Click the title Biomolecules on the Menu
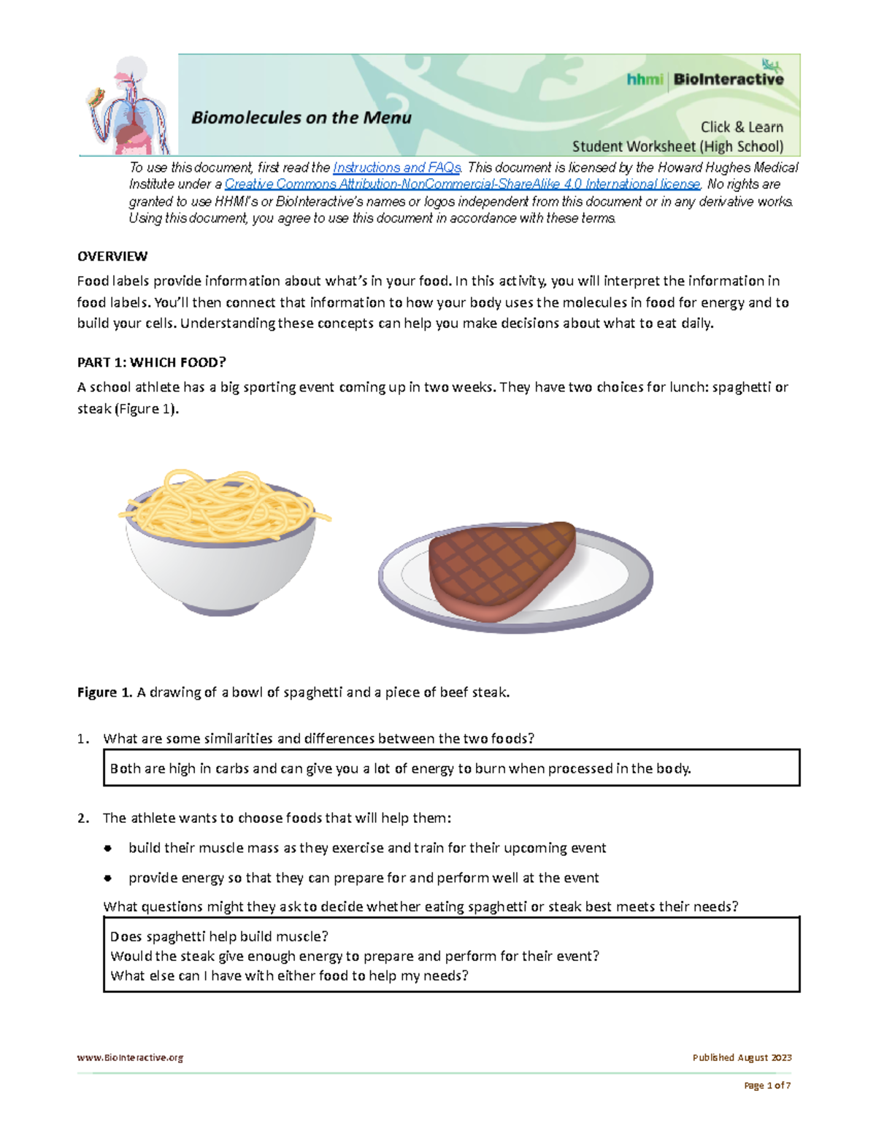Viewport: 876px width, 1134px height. coord(301,118)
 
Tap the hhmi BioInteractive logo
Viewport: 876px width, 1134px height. coord(704,79)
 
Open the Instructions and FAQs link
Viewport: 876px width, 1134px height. coord(396,168)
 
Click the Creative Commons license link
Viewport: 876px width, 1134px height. coord(462,185)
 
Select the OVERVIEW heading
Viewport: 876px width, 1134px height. coord(112,256)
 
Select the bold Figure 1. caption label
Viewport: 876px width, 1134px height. coord(105,692)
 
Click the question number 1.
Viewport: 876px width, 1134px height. coord(83,739)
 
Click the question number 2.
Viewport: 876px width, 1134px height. coord(83,819)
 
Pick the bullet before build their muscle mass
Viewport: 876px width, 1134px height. coord(108,848)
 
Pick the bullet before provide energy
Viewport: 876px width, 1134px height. coord(108,878)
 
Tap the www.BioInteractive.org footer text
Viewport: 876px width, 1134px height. coord(131,1057)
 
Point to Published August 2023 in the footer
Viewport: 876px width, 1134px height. coord(742,1057)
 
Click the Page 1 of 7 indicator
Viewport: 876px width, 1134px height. coord(766,1086)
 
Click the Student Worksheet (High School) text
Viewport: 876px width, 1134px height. coord(677,147)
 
